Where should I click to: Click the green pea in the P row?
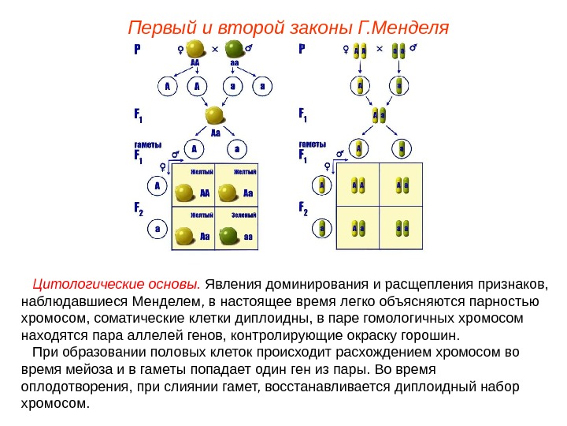[235, 50]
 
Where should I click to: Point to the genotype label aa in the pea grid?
[247, 236]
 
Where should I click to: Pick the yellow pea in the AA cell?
[186, 192]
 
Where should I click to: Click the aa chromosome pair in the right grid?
[402, 229]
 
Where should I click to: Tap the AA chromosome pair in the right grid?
[358, 185]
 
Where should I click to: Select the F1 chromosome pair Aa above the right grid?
[379, 115]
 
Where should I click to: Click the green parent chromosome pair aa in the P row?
[398, 50]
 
